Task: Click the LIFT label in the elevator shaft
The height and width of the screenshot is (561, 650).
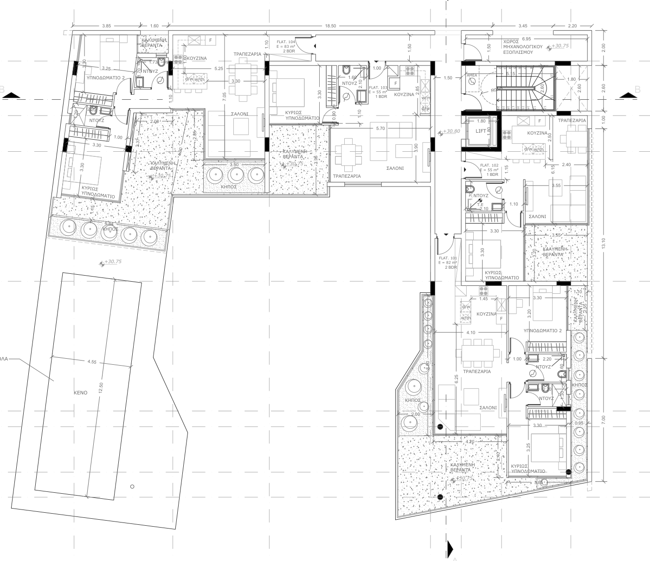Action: (x=481, y=131)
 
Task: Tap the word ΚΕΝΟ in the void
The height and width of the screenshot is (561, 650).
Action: (x=80, y=393)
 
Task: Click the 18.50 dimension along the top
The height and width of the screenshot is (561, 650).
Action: (x=330, y=26)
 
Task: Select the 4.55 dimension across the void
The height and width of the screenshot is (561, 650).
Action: (x=92, y=362)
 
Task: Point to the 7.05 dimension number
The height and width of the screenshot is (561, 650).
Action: (x=224, y=97)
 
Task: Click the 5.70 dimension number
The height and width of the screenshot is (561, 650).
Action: (x=380, y=128)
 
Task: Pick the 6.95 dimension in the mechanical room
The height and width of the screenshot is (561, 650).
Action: (x=526, y=39)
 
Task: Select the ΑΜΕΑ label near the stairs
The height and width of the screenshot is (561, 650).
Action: (x=472, y=75)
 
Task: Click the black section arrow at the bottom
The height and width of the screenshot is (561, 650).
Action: (x=449, y=549)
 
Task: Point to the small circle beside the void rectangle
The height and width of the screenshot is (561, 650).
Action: (x=132, y=486)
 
